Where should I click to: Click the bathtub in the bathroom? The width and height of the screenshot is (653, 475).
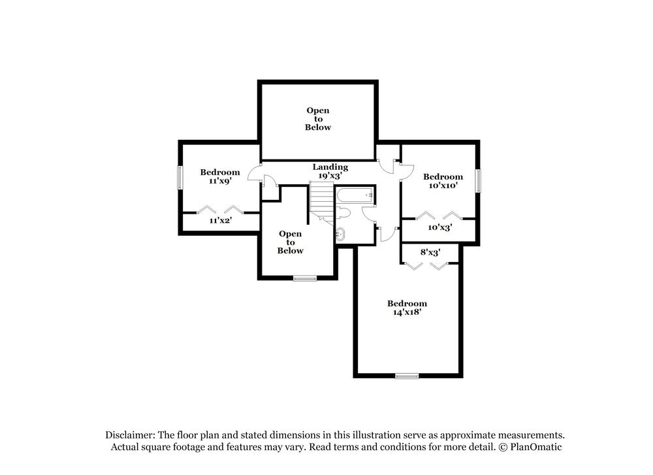355,194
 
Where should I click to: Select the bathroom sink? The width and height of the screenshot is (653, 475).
340,233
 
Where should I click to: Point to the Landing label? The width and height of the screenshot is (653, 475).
330,167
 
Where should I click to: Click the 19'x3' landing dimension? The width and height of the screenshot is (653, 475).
330,176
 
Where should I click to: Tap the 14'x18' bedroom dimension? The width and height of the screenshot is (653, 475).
407,312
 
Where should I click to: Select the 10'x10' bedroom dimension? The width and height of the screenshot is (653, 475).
443,186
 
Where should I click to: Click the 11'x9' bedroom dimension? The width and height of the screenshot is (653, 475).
219,181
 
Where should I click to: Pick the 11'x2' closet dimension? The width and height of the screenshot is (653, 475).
221,221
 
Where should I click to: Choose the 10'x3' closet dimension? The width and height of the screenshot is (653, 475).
439,227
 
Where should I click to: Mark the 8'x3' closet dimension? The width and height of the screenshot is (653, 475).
430,252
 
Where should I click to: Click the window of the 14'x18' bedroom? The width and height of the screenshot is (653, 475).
407,376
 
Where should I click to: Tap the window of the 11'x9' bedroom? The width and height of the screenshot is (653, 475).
180,177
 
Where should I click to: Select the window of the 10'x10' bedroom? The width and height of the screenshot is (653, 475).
478,180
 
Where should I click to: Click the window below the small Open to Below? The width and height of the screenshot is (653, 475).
304,278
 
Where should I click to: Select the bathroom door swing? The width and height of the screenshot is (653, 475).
370,214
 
